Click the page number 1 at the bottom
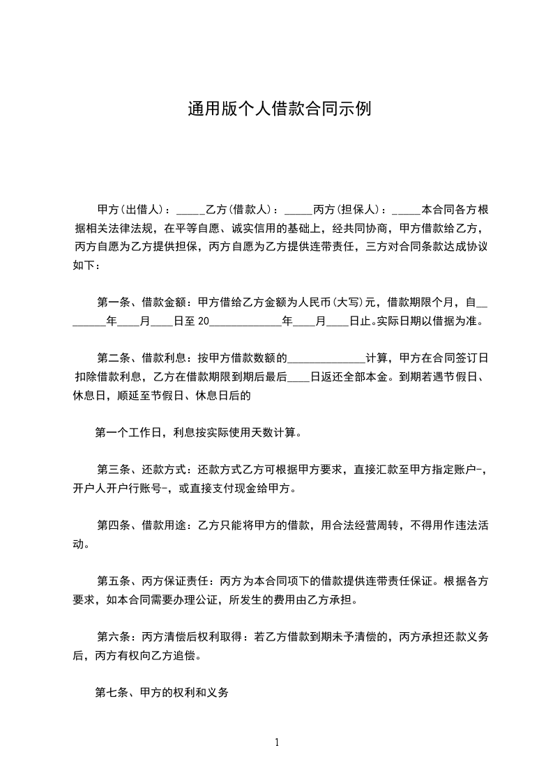click(x=277, y=742)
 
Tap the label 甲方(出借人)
click(x=130, y=209)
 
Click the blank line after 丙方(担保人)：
click(x=406, y=210)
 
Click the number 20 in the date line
click(x=203, y=321)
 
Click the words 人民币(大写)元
click(x=337, y=302)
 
